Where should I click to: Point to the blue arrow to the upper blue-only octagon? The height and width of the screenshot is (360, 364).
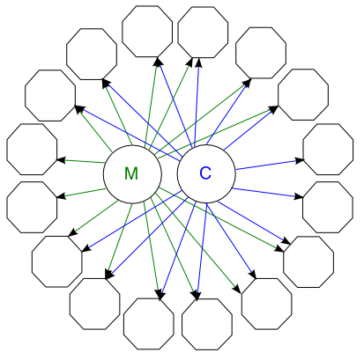(270, 165)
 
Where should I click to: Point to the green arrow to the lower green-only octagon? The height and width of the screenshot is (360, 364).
(81, 193)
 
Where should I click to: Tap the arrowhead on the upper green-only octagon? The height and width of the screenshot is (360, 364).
(61, 160)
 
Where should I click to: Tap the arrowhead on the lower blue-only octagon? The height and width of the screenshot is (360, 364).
(299, 196)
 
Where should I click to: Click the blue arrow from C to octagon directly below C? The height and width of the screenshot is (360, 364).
(202, 252)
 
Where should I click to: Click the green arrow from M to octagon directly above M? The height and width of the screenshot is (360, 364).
(152, 101)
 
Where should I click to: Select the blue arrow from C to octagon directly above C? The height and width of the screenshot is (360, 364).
(197, 101)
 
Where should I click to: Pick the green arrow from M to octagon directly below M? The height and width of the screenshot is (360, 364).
(152, 251)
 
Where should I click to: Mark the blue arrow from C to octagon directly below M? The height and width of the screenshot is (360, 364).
(178, 252)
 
